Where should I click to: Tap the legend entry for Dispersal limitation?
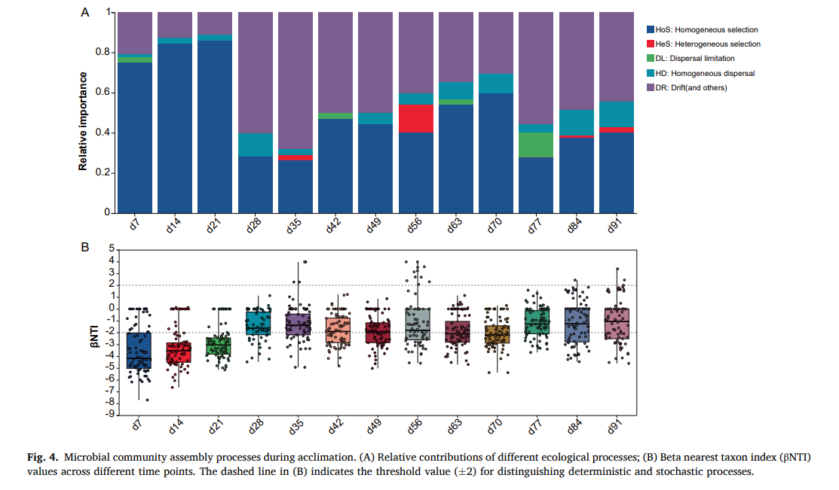(x=700, y=59)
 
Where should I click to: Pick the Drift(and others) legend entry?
(x=700, y=88)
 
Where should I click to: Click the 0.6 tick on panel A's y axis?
(x=104, y=93)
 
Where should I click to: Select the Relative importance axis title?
(x=84, y=121)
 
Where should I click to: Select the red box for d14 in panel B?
(x=177, y=352)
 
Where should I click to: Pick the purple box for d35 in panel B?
(x=297, y=324)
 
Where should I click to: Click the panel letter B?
(x=85, y=247)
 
